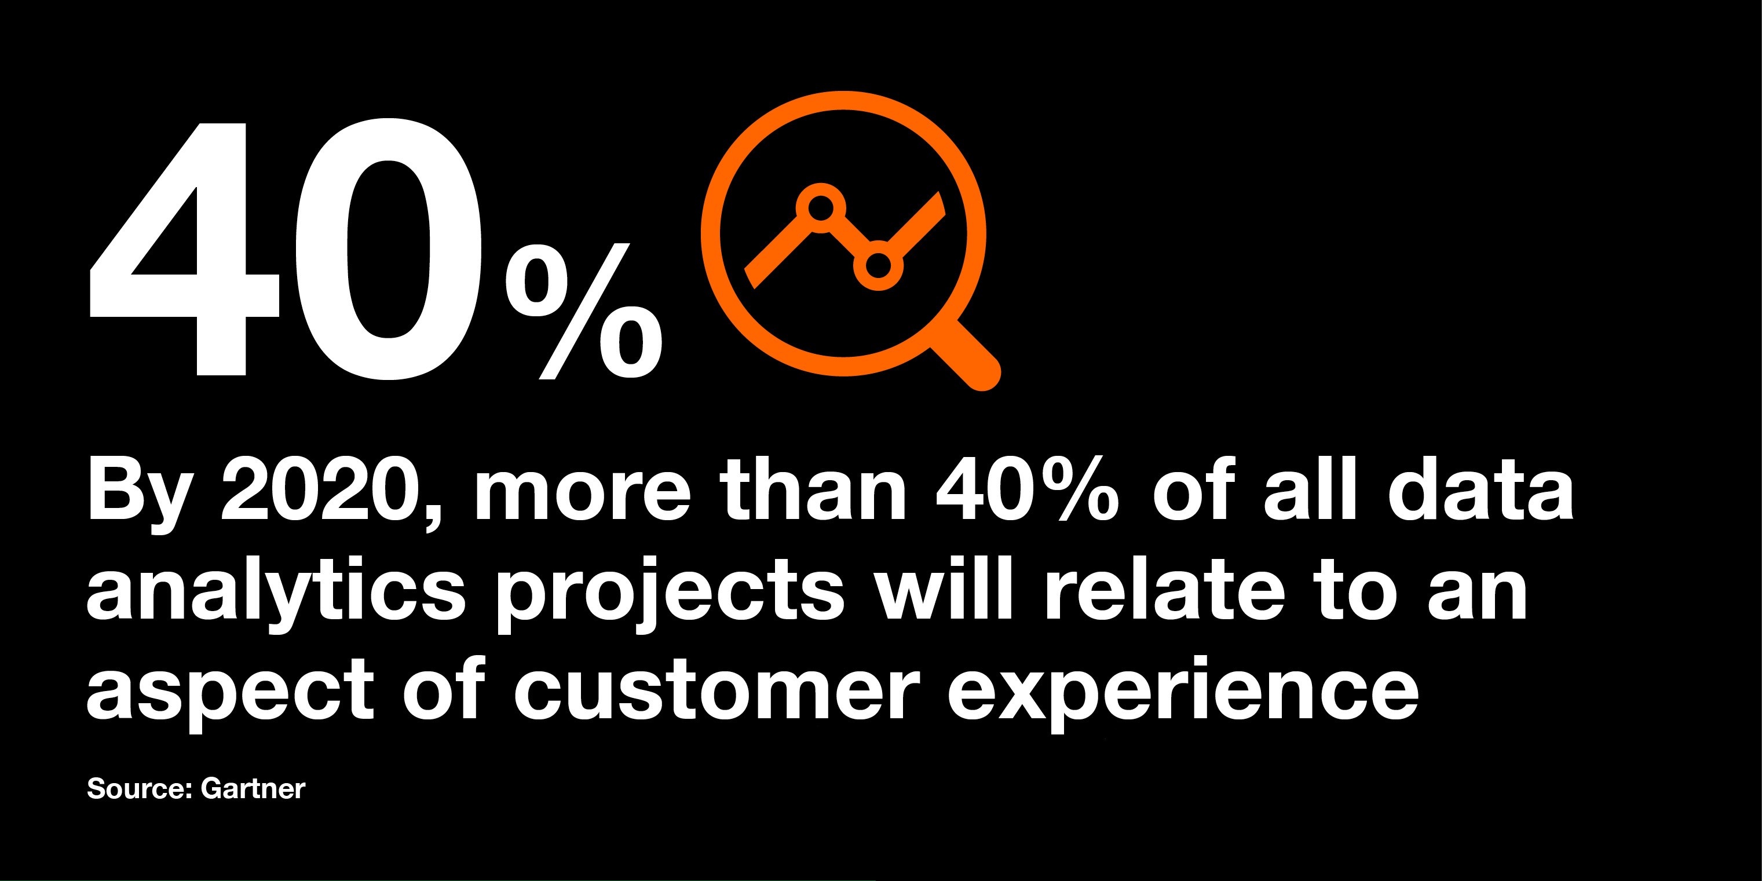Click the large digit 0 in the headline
389,250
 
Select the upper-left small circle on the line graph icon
821,207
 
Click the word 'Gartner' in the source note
253,789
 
